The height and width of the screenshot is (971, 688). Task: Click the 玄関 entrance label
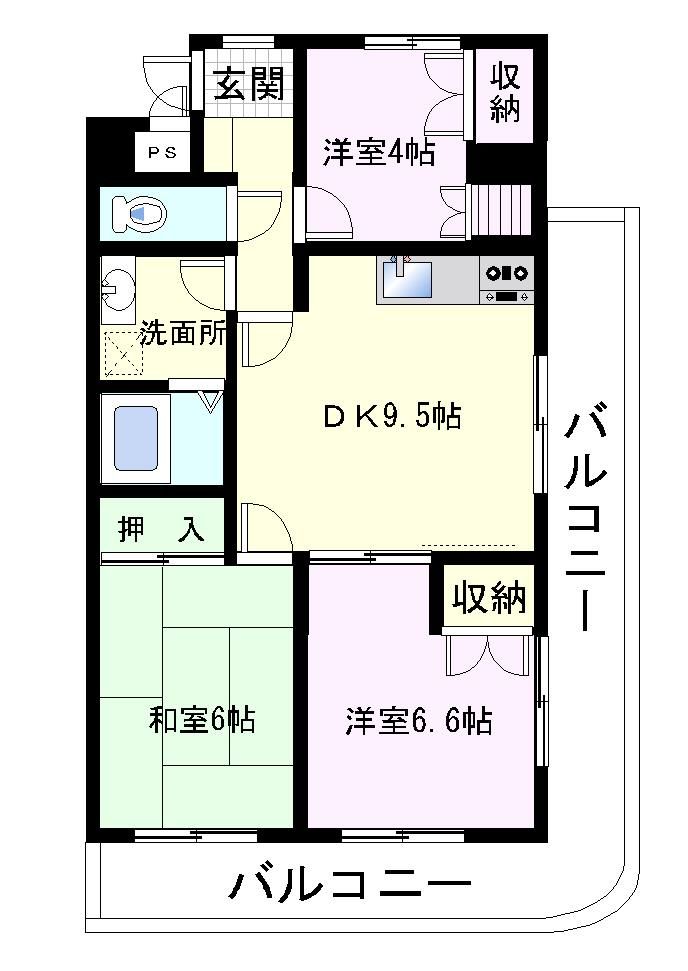click(x=249, y=84)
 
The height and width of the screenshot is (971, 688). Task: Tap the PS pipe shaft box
click(x=162, y=152)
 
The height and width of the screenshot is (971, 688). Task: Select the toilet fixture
click(x=139, y=214)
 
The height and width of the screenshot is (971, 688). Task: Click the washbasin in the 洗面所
click(x=118, y=288)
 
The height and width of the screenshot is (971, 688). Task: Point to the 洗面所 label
click(x=183, y=334)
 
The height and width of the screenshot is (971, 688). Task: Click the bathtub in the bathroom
click(x=135, y=438)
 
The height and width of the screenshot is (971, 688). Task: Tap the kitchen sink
click(x=407, y=279)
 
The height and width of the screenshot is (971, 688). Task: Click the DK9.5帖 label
click(x=392, y=417)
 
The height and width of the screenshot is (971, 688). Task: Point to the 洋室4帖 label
click(x=379, y=152)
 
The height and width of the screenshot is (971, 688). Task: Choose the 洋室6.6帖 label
click(x=419, y=721)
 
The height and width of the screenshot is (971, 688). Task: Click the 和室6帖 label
click(x=202, y=720)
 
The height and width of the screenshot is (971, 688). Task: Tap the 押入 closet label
click(x=161, y=529)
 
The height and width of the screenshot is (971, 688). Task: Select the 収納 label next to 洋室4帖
click(x=505, y=94)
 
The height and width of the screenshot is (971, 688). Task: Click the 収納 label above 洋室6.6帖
click(x=489, y=598)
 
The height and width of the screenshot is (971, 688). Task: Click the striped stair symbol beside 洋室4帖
click(x=501, y=209)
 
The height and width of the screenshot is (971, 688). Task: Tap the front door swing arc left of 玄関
click(x=166, y=85)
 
